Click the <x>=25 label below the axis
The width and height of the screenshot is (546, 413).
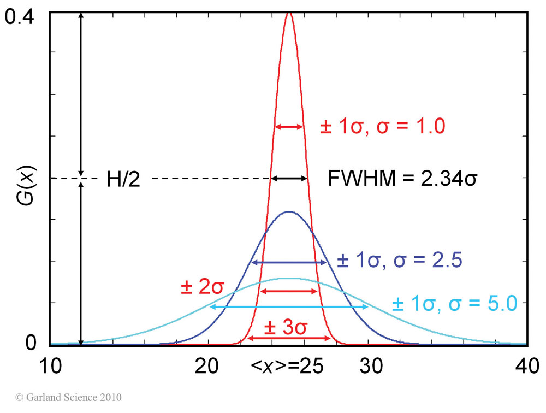[288, 367]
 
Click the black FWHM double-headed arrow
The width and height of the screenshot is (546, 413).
[289, 178]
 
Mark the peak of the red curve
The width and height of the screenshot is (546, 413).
[289, 13]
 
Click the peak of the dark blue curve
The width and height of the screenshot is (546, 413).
[289, 211]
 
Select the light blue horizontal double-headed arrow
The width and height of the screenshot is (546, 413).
[289, 307]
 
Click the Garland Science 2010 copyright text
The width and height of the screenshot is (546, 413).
[68, 397]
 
